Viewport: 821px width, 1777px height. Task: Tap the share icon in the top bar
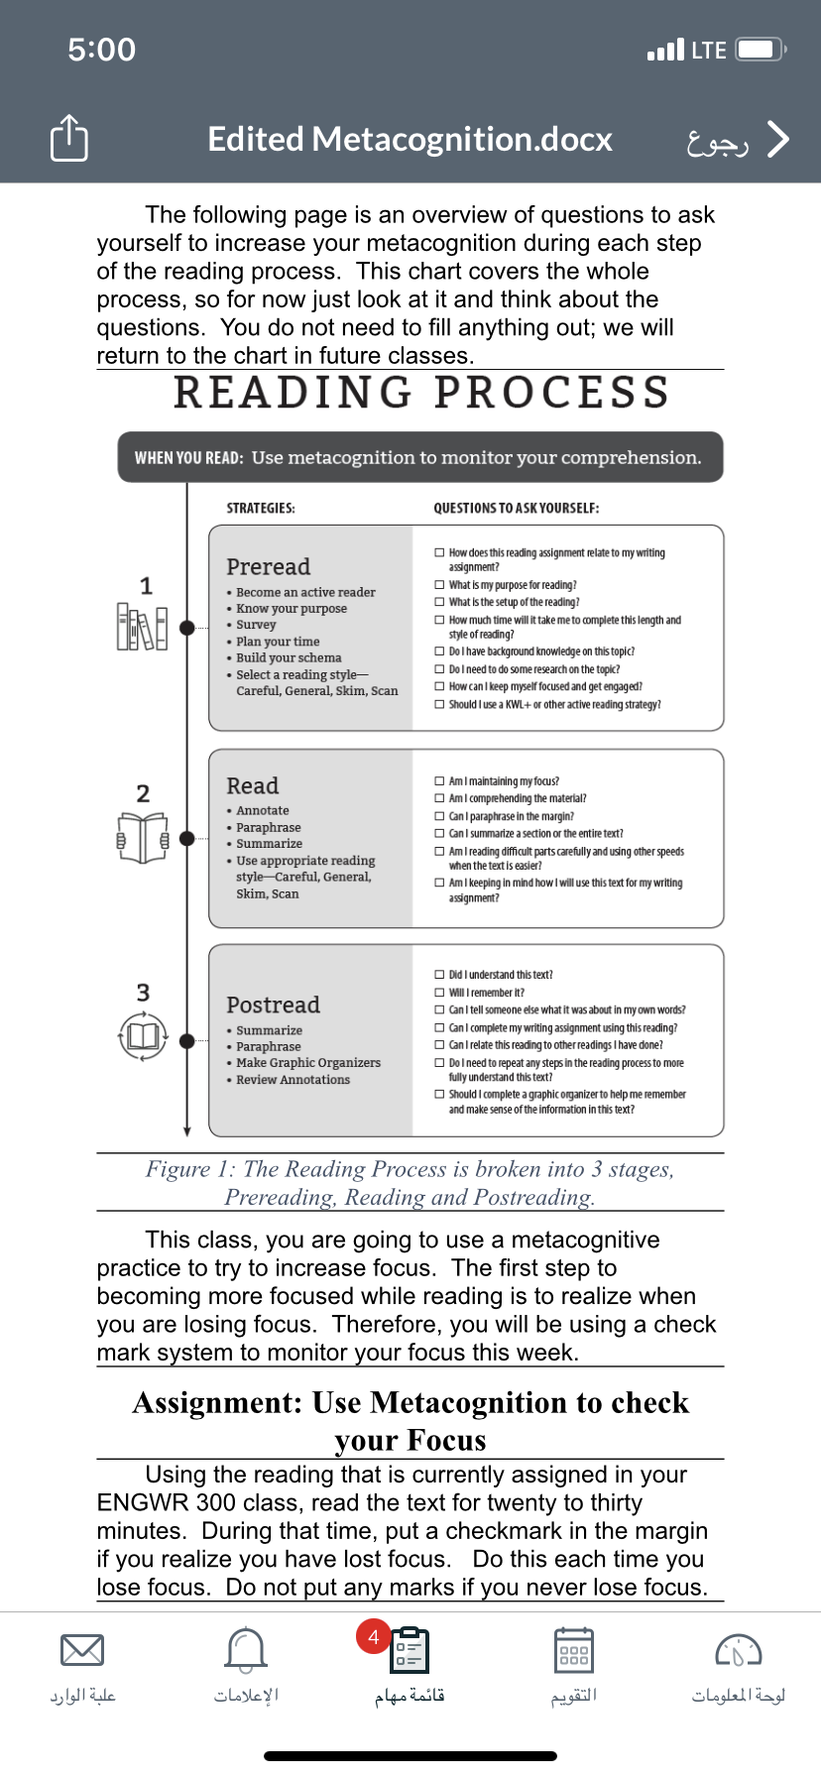tap(69, 138)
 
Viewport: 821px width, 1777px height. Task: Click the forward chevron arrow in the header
tap(778, 140)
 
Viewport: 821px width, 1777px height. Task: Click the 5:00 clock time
tap(101, 50)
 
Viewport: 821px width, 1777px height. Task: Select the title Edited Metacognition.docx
tap(410, 140)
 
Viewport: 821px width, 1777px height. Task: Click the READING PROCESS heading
tap(422, 393)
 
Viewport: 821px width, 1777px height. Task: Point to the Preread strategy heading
tap(268, 566)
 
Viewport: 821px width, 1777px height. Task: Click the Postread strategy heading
tap(273, 1005)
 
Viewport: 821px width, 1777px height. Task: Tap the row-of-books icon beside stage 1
tap(142, 627)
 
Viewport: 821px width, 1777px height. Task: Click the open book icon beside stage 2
tap(143, 838)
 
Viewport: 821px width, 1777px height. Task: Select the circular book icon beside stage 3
tap(143, 1036)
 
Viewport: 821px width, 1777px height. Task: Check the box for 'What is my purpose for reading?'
tap(439, 585)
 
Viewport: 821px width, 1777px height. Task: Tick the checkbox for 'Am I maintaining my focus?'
tap(439, 781)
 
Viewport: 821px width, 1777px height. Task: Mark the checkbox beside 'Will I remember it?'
tap(439, 993)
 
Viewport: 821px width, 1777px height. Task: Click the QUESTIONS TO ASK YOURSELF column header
tap(516, 508)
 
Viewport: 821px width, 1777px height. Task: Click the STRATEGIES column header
tap(261, 508)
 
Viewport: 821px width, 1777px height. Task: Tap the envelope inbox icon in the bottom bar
tap(82, 1650)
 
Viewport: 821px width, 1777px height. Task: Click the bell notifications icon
tap(246, 1649)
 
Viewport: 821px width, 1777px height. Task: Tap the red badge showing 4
tap(374, 1637)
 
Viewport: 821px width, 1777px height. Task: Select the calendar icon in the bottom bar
tap(574, 1650)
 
